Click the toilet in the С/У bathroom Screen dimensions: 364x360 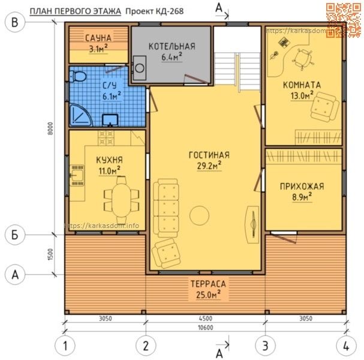pos(78,77)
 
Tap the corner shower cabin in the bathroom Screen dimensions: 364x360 pos(79,116)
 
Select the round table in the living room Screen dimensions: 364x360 pos(199,215)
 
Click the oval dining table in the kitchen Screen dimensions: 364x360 pos(121,200)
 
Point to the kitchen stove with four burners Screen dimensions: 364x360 pos(106,138)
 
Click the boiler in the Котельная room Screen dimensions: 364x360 pos(139,68)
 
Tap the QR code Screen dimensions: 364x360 pos(344,20)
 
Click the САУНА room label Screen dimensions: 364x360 pos(98,38)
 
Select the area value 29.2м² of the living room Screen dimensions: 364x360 pos(209,166)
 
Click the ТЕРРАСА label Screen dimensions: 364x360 pos(208,284)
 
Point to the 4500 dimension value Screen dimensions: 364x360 pos(206,318)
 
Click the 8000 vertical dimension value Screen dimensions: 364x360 pos(51,128)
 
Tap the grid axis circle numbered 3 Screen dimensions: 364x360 pos(265,346)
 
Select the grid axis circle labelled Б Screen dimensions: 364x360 pos(15,235)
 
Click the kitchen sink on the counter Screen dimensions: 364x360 pos(77,175)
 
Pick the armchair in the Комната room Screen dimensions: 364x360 pos(324,107)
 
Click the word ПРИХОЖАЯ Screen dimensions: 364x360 pos(302,187)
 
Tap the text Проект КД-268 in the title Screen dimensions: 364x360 pos(154,11)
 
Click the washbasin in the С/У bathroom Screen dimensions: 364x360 pos(110,120)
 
